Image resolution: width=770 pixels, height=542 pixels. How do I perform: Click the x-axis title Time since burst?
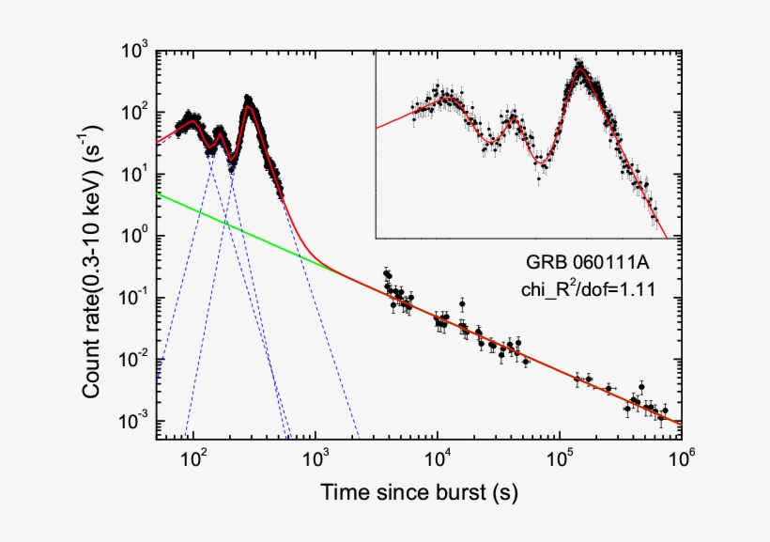pyautogui.click(x=419, y=492)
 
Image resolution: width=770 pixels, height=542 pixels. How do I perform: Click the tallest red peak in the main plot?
pyautogui.click(x=249, y=105)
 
